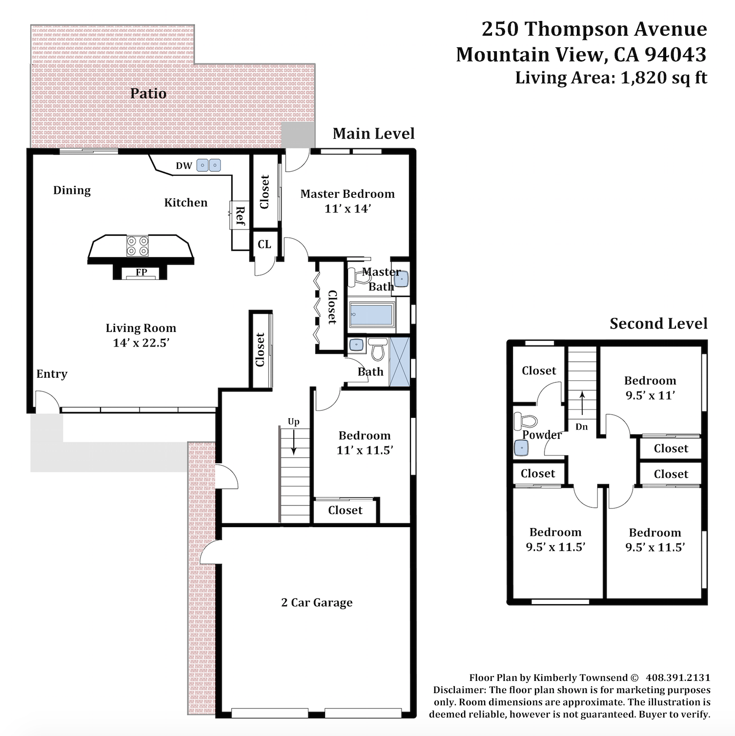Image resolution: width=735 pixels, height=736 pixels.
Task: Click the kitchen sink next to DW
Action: [x=209, y=165]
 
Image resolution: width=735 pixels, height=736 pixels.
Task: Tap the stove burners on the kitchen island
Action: [x=138, y=245]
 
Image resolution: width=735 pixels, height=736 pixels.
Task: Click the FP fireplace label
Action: [x=142, y=272]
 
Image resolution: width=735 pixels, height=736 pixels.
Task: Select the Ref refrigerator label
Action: [x=240, y=216]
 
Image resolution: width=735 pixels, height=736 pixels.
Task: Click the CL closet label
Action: [x=265, y=244]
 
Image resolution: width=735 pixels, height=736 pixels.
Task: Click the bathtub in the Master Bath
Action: [x=372, y=315]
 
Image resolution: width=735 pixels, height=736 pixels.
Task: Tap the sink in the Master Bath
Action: [x=401, y=278]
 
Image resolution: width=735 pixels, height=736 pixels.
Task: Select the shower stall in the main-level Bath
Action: [x=399, y=362]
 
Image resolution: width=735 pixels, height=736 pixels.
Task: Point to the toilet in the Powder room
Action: [x=525, y=421]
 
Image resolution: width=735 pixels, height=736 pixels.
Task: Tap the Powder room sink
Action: [x=522, y=448]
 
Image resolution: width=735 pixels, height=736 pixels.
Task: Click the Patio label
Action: [x=148, y=93]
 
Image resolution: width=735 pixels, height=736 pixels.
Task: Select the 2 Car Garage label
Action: [x=317, y=603]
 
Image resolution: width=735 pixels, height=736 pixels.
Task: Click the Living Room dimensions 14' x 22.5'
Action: [x=141, y=343]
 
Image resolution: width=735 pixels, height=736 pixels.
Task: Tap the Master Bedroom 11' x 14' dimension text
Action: [x=348, y=208]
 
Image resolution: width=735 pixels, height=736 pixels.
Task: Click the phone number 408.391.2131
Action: [x=678, y=677]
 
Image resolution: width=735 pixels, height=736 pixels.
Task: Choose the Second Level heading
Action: [x=658, y=323]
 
